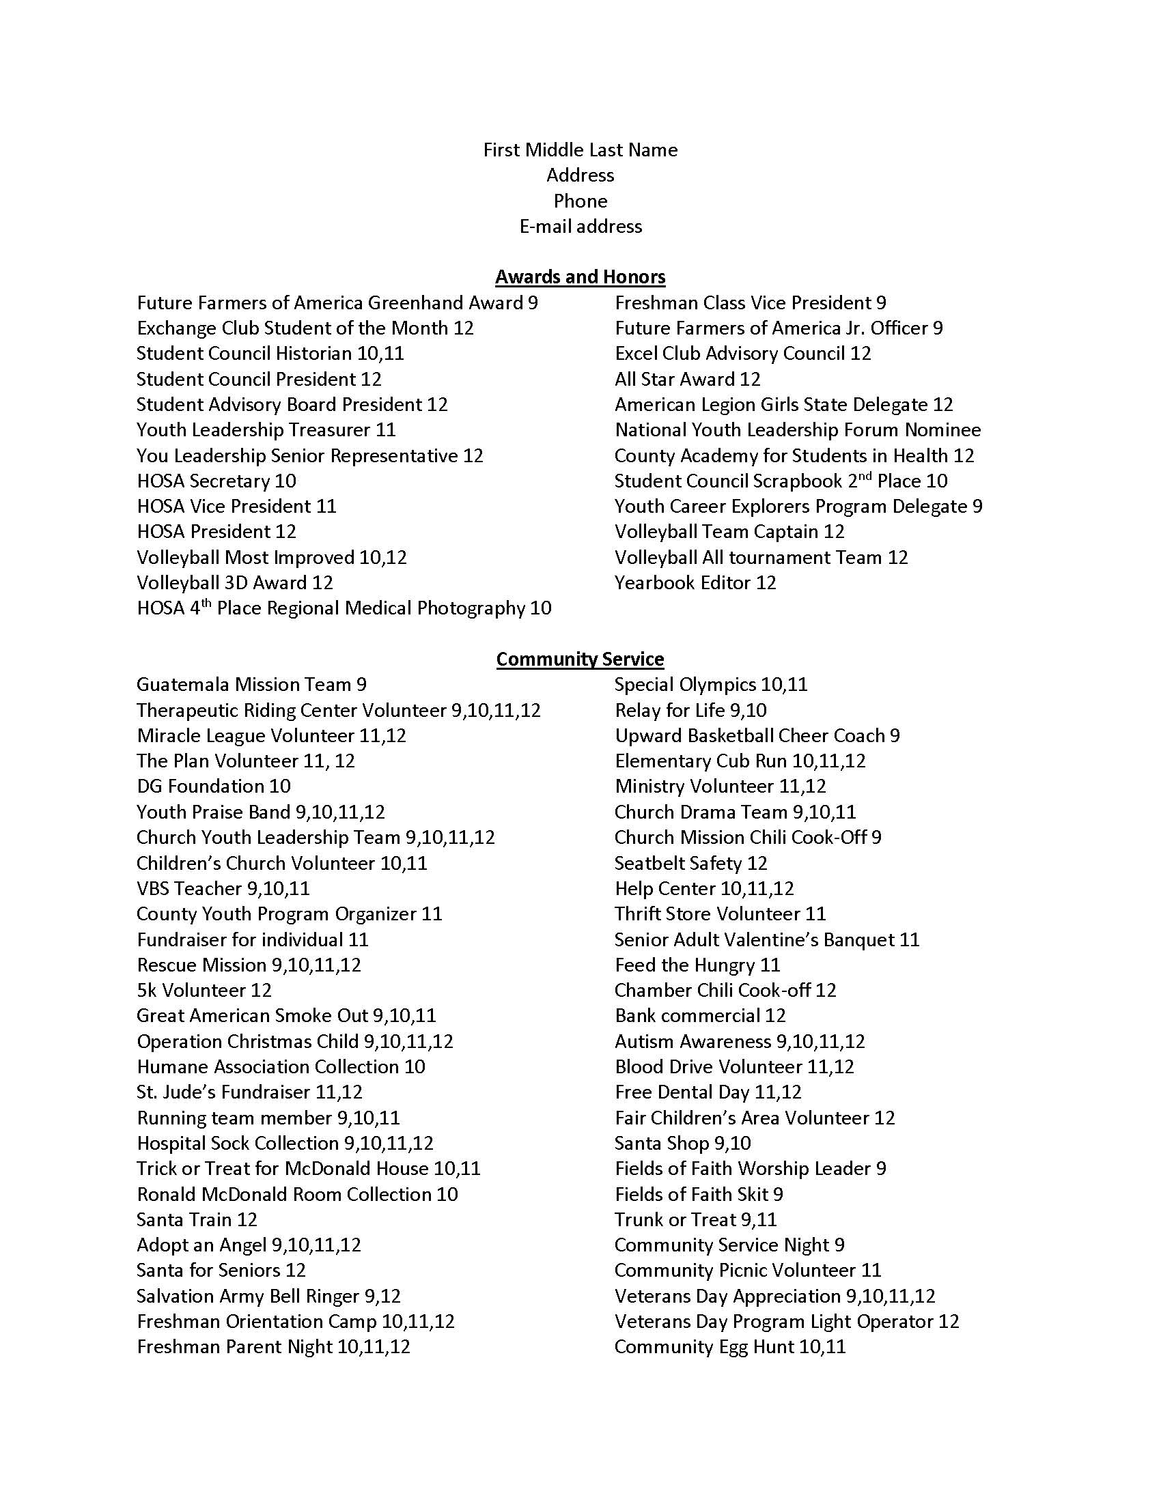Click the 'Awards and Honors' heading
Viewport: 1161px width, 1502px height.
pyautogui.click(x=580, y=277)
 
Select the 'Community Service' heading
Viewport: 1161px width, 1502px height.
pyautogui.click(x=580, y=659)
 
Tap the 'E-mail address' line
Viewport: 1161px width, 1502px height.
pyautogui.click(x=580, y=226)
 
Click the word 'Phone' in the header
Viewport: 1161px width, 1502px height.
pyautogui.click(x=580, y=201)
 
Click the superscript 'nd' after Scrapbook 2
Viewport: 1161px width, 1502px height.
pyautogui.click(x=865, y=476)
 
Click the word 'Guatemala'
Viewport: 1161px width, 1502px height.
pyautogui.click(x=182, y=684)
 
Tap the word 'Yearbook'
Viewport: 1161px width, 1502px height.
pyautogui.click(x=654, y=582)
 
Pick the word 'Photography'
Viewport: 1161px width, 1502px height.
pyautogui.click(x=471, y=608)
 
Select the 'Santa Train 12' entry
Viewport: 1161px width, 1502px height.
pyautogui.click(x=197, y=1219)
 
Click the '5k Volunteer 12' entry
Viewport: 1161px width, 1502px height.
pyautogui.click(x=204, y=991)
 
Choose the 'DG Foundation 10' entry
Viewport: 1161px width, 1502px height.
pyautogui.click(x=213, y=786)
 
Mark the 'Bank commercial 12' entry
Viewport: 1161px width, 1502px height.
pyautogui.click(x=699, y=1016)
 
